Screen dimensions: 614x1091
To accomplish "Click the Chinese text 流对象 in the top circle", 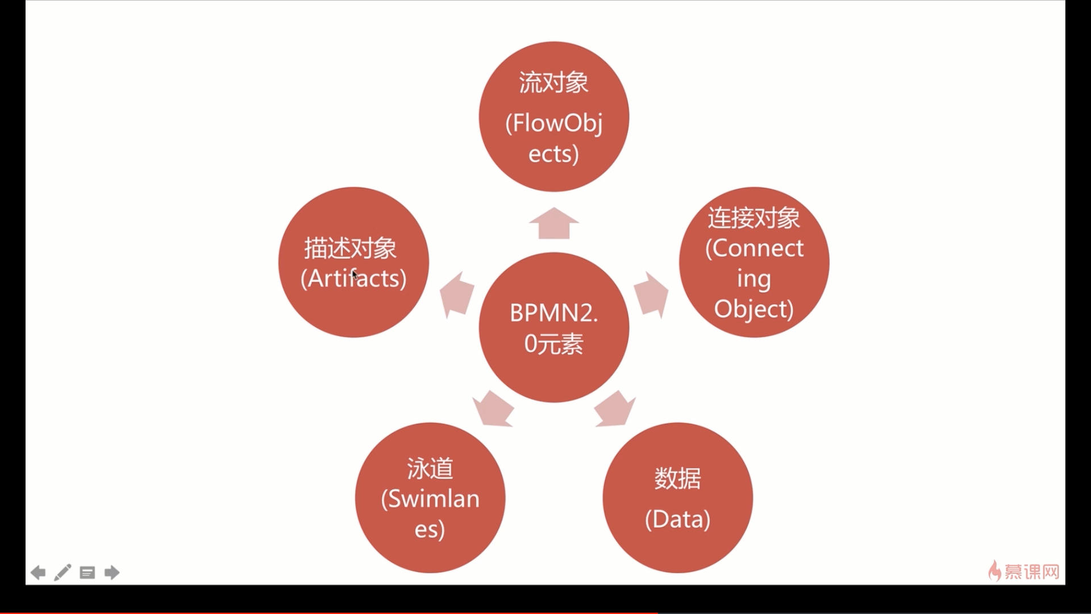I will point(553,83).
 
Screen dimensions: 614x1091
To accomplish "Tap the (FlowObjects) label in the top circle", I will point(553,138).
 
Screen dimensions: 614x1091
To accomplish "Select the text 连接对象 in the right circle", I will point(753,218).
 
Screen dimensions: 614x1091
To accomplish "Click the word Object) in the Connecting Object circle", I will point(753,309).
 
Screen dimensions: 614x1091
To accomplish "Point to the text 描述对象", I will point(350,248).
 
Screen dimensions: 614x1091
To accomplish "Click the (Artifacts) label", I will point(353,279).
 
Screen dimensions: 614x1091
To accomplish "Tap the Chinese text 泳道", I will point(430,468).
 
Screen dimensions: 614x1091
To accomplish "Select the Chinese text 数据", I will point(677,478).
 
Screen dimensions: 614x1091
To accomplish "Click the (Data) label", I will point(677,519).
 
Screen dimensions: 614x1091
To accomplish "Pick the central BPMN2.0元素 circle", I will point(553,328).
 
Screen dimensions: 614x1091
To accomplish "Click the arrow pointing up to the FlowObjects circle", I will point(553,223).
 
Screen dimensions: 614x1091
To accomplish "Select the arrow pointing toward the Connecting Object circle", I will point(651,294).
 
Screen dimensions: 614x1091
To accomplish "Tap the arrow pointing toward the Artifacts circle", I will point(457,294).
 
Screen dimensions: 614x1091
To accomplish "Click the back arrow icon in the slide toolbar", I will point(38,572).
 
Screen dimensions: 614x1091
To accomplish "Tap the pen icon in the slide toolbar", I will point(63,572).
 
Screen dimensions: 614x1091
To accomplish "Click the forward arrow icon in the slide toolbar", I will point(112,572).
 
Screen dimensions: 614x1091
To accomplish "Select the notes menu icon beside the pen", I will point(87,572).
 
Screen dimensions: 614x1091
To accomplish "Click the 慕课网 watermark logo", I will point(1025,571).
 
